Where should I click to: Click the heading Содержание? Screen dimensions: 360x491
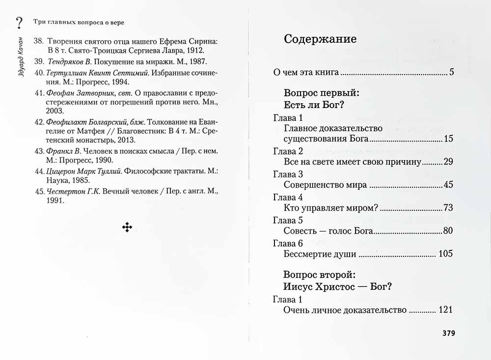[x=320, y=39]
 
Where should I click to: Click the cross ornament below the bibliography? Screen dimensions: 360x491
[x=127, y=226]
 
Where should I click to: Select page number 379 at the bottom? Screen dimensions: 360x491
[x=449, y=333]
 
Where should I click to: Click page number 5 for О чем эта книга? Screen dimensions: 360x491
[x=451, y=73]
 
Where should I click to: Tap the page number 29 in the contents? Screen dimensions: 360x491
[x=447, y=162]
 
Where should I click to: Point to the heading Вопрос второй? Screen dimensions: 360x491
[x=320, y=274]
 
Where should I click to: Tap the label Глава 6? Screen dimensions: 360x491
[x=288, y=244]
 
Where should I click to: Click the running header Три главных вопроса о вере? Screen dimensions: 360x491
[x=78, y=23]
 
